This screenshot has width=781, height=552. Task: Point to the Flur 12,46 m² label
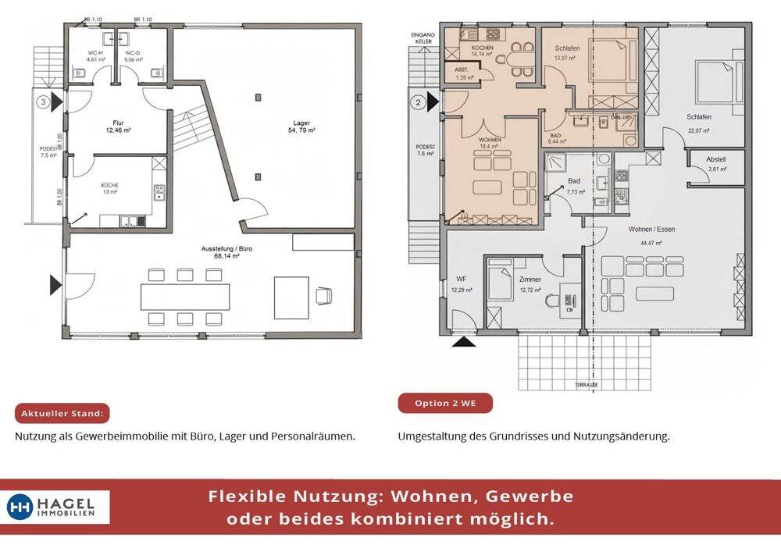(119, 126)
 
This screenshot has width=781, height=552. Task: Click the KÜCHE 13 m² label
(109, 188)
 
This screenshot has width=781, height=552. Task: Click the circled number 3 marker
(45, 101)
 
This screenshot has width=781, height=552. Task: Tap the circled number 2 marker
(419, 101)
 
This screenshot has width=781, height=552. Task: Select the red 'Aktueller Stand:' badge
(63, 414)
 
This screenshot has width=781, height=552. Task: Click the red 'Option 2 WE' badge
(445, 404)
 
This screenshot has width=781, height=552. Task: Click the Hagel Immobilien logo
(58, 507)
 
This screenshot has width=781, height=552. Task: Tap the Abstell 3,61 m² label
(716, 164)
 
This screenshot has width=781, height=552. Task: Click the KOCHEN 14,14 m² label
(482, 52)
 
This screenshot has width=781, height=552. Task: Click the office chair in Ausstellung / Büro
(323, 296)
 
